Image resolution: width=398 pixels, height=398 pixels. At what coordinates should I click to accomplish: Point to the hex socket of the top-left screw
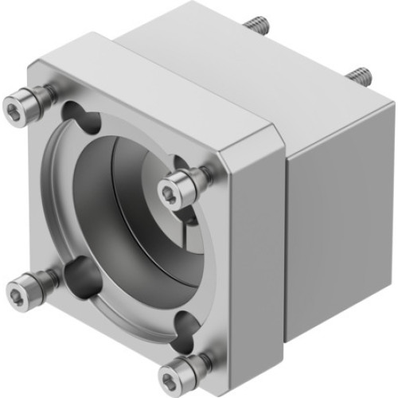(x=16, y=105)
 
